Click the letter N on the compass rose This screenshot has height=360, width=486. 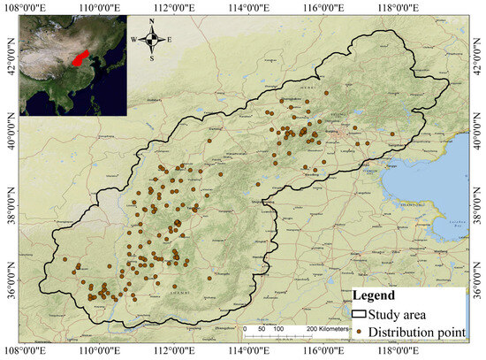tap(152, 23)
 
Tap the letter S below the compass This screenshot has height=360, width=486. tap(152, 57)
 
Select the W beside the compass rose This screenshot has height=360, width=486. tap(134, 40)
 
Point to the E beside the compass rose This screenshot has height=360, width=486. tap(171, 40)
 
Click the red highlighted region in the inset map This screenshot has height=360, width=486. tap(79, 60)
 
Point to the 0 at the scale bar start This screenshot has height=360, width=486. tap(245, 328)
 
